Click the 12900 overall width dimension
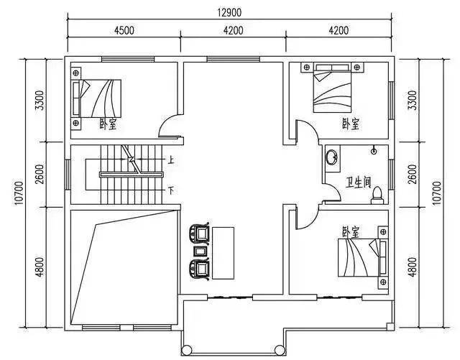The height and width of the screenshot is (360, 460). [x=229, y=13]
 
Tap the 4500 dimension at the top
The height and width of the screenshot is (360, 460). [x=124, y=30]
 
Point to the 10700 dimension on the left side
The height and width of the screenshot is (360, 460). [x=19, y=193]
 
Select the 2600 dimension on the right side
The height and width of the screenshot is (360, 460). [x=412, y=174]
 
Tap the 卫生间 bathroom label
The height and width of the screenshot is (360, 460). [x=358, y=182]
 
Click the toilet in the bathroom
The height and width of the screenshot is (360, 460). [x=377, y=195]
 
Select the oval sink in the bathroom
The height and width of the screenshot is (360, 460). [x=332, y=157]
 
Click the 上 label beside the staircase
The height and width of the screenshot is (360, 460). [x=171, y=160]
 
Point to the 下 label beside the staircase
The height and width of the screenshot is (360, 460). [x=171, y=190]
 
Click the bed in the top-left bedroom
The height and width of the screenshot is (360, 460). [x=97, y=98]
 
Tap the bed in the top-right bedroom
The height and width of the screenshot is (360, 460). [x=332, y=88]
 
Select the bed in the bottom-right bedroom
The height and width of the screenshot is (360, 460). [x=362, y=257]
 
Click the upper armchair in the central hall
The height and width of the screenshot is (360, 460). [x=200, y=234]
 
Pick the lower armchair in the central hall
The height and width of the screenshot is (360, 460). [x=200, y=269]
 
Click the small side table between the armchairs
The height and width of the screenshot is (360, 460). [x=201, y=251]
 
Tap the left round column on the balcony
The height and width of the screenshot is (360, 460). [x=186, y=350]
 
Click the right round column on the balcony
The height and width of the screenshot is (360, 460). [x=280, y=350]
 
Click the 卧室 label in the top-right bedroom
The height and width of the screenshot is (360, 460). [x=351, y=124]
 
